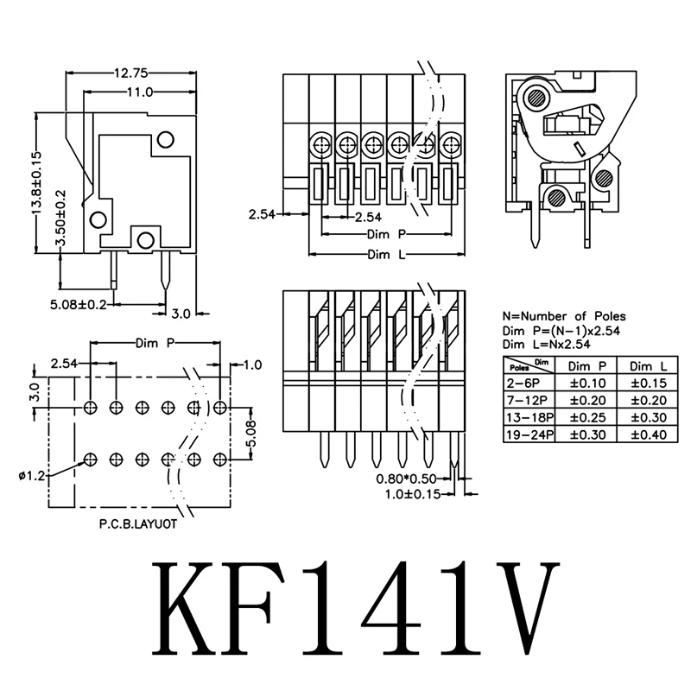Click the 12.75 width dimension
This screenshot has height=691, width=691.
click(x=127, y=73)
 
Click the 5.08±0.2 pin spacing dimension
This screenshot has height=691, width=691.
click(x=77, y=304)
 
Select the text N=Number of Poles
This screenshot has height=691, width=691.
click(x=563, y=316)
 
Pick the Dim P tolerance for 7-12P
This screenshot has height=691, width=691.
click(x=587, y=399)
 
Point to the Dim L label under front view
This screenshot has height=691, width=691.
click(x=387, y=255)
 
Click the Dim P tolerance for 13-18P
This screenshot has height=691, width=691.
click(x=587, y=416)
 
